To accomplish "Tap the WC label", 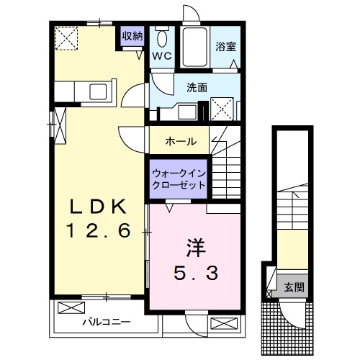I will pos(161,55).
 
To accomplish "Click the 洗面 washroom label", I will pos(197,88).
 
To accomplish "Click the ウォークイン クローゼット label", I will pos(178,178).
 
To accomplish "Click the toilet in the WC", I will pos(161,37).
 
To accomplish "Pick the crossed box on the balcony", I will pos(71,308).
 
